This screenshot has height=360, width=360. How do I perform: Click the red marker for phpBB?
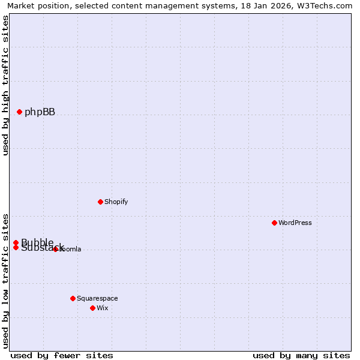click(19, 112)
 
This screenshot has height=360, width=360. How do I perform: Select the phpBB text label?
click(40, 112)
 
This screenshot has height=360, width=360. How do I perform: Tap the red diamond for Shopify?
click(100, 202)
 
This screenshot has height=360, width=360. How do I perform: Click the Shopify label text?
click(116, 202)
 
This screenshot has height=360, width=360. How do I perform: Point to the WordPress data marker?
click(274, 223)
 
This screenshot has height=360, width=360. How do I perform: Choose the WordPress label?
click(295, 223)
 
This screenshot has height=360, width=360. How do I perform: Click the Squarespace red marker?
click(73, 298)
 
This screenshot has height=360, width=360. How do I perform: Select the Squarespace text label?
click(97, 299)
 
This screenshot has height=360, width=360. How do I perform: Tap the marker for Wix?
click(92, 308)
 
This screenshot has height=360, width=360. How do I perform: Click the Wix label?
click(103, 308)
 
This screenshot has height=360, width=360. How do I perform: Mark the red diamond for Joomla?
click(55, 249)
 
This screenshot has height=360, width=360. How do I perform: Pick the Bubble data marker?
click(16, 242)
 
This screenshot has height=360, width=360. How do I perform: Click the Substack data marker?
click(16, 247)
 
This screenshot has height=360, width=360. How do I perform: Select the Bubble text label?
click(37, 242)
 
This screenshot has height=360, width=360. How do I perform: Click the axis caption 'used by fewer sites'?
click(61, 355)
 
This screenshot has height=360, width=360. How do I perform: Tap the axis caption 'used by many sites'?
click(301, 355)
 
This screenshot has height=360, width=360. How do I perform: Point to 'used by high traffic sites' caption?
click(5, 85)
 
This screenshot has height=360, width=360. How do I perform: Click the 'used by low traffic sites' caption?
click(5, 280)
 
